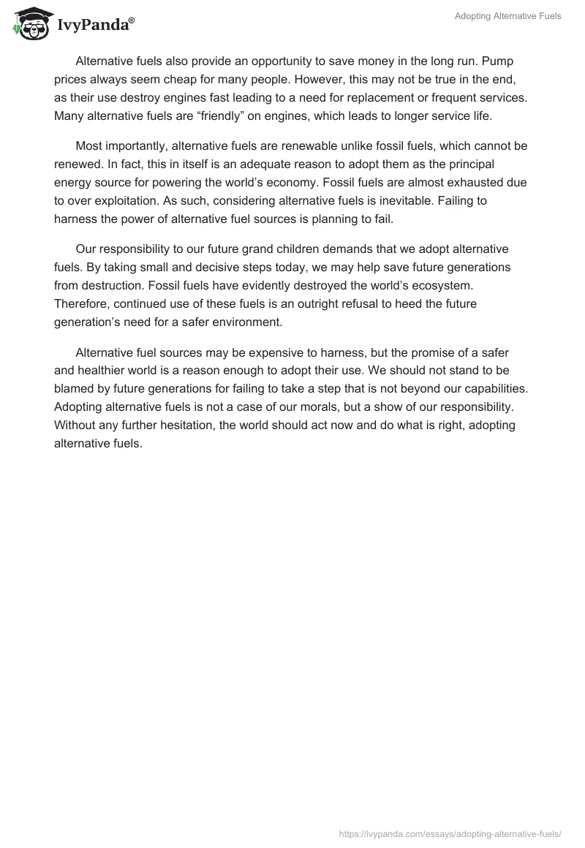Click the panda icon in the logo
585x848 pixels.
(x=29, y=23)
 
